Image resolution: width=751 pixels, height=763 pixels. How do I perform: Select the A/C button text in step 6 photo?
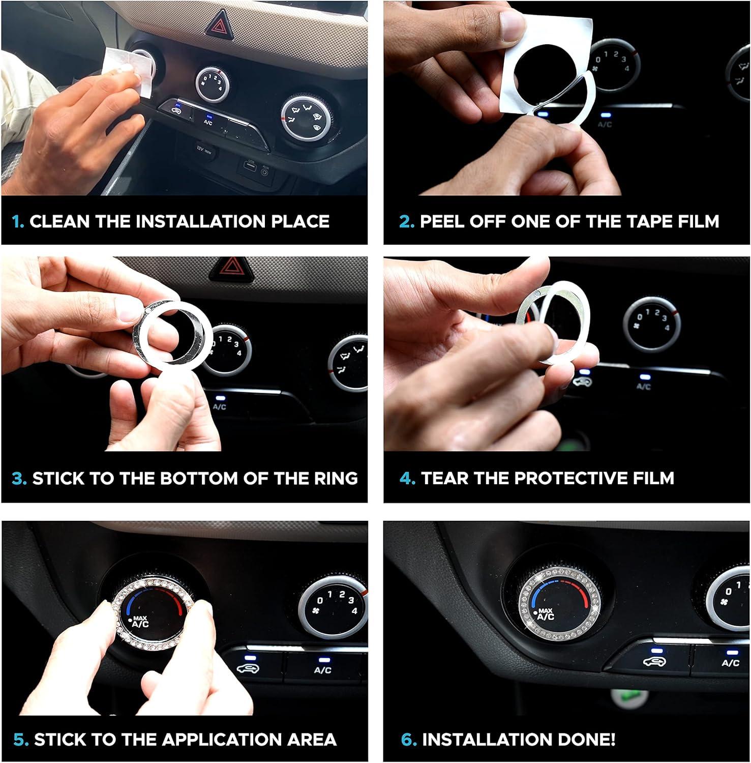point(730,663)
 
